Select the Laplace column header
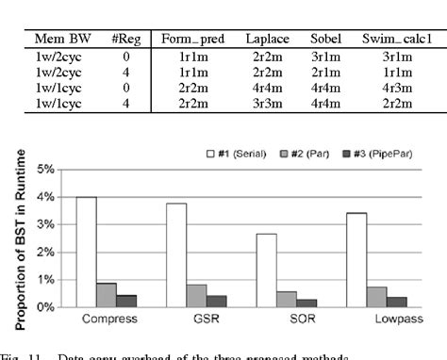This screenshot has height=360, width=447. [x=267, y=39]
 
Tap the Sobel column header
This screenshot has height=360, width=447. [x=325, y=39]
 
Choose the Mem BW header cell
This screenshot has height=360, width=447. [x=57, y=39]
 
